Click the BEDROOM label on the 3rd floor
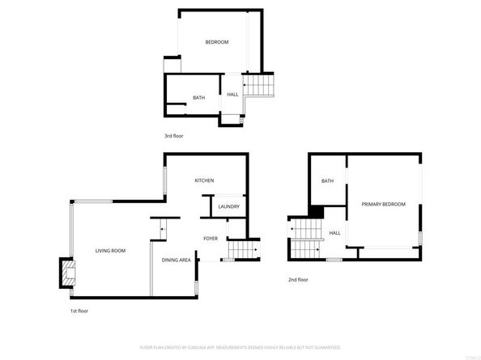[216, 42]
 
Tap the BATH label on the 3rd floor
[198, 98]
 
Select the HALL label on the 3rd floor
[232, 95]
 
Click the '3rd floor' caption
[174, 136]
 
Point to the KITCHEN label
[204, 180]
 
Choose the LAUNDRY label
[228, 207]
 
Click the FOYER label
[211, 239]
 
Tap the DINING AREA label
[177, 260]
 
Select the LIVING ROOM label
[110, 251]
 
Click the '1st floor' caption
[79, 311]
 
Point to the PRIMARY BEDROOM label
[383, 204]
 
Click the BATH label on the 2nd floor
[328, 181]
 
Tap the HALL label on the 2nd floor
[334, 233]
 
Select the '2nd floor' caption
[298, 280]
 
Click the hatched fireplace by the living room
[65, 273]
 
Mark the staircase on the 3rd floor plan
[260, 83]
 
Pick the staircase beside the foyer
[240, 250]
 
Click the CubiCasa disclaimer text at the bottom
[240, 347]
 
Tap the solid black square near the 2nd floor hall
[317, 212]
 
